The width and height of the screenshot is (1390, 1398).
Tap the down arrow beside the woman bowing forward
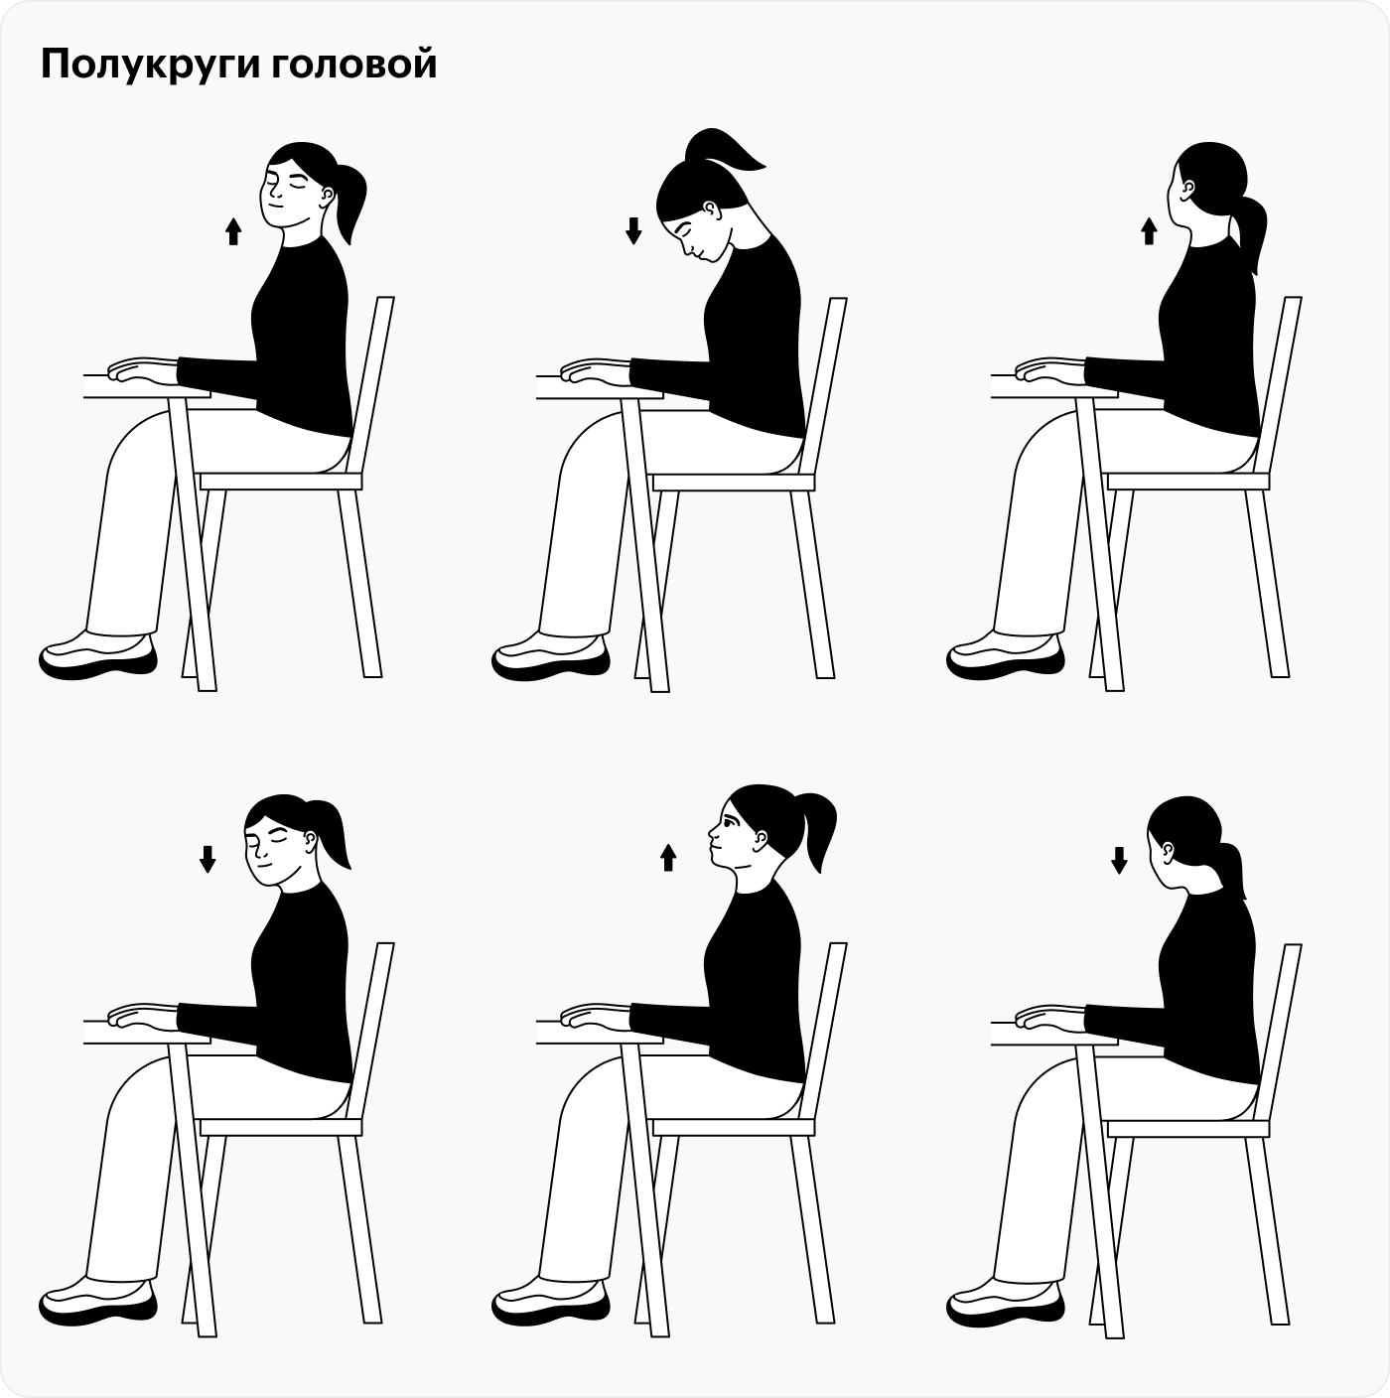[633, 231]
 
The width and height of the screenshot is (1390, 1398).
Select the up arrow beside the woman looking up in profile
[668, 857]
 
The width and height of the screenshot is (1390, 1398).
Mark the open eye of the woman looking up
[728, 822]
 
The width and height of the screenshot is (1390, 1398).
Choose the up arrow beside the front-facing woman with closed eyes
[233, 232]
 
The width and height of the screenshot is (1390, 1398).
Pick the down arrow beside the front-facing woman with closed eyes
[208, 858]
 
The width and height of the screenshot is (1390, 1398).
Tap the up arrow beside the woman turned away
[1149, 232]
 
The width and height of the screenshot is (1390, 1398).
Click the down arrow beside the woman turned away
[1119, 860]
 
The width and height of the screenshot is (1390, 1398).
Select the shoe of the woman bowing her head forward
[552, 655]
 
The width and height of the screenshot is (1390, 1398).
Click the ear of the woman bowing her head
[710, 210]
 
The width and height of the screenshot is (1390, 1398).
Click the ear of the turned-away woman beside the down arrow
[1168, 851]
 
